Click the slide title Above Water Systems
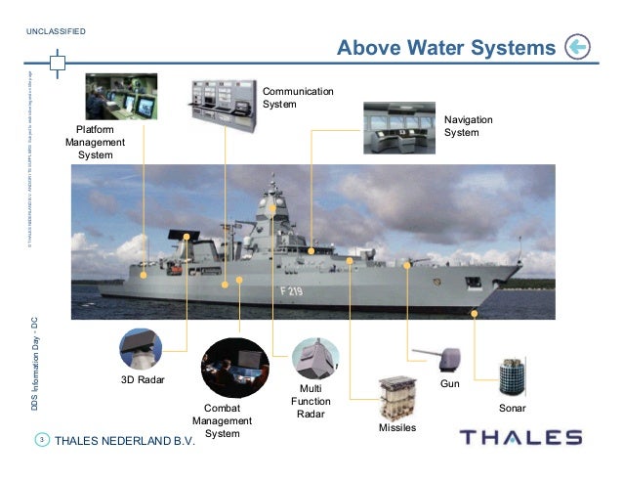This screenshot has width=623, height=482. (445, 48)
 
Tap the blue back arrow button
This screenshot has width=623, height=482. (577, 46)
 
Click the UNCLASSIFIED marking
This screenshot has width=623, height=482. (57, 31)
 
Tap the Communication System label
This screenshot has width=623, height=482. (298, 98)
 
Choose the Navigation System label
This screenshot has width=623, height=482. (468, 125)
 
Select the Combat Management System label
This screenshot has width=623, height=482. (222, 420)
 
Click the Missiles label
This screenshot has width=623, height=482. (396, 428)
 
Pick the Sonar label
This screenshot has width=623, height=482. (513, 406)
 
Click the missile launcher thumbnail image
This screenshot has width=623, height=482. (395, 398)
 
